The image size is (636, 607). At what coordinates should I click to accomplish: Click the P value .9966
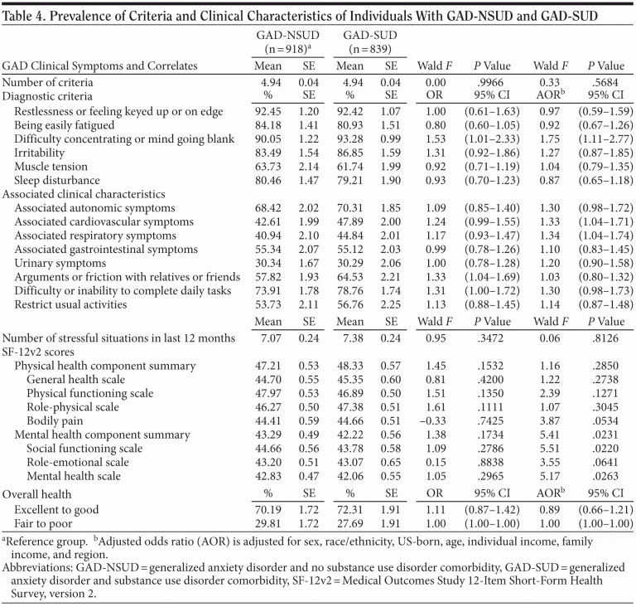coord(494,83)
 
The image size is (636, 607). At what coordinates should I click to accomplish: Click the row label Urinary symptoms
coord(59,262)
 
